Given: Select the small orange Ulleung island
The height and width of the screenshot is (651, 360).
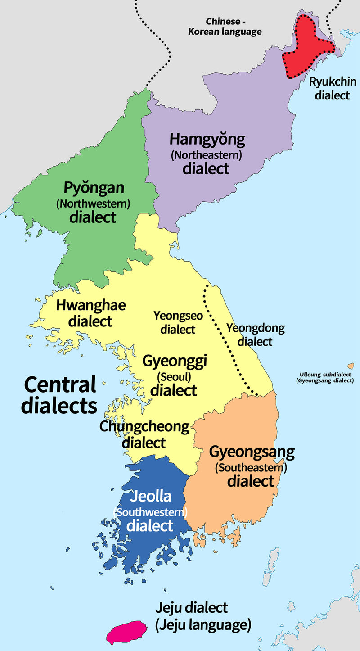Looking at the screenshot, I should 350,366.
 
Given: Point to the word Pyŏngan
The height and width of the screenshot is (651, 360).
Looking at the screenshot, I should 94,188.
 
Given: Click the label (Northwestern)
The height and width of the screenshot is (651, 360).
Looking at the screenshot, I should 93,203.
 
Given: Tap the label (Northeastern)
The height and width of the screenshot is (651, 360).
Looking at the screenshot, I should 207,155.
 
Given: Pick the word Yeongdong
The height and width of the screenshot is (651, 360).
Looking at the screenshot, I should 255,328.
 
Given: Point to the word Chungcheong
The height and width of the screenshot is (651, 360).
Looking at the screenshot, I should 144,427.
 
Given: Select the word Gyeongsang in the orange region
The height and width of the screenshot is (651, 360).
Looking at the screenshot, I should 252,452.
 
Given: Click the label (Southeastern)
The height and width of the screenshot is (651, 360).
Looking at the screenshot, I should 251,467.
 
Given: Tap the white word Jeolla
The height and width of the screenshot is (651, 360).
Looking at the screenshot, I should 150,497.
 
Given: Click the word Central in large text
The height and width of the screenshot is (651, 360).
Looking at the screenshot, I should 60,385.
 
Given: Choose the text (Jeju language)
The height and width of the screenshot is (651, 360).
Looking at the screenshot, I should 203,625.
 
